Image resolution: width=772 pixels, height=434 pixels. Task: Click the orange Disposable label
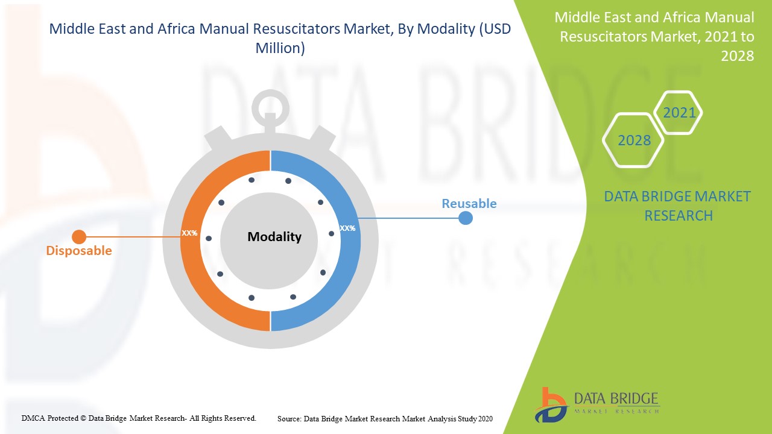[79, 251]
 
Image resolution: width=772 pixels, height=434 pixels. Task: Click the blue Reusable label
[469, 204]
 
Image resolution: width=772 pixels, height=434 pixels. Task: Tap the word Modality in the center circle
[274, 237]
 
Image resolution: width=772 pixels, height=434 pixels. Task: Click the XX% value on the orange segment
[189, 233]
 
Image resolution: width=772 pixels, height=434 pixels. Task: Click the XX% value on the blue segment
[347, 228]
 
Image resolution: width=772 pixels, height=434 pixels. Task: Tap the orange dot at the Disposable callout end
[79, 237]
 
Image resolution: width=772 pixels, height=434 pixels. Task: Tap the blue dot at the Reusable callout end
[465, 218]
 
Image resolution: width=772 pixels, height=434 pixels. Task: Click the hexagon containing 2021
[679, 113]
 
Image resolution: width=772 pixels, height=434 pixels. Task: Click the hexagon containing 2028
[634, 140]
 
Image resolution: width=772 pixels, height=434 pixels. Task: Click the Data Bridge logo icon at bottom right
[549, 404]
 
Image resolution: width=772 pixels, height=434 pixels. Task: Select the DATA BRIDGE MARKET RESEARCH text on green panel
[678, 206]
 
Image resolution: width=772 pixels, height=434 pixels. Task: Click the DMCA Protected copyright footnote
[139, 418]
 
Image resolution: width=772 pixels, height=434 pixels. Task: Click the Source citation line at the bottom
[385, 418]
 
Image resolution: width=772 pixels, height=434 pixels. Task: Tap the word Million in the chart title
[280, 48]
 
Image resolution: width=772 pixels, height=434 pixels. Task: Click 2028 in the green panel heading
[737, 55]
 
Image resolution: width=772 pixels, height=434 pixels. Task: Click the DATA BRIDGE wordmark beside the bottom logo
[616, 398]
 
